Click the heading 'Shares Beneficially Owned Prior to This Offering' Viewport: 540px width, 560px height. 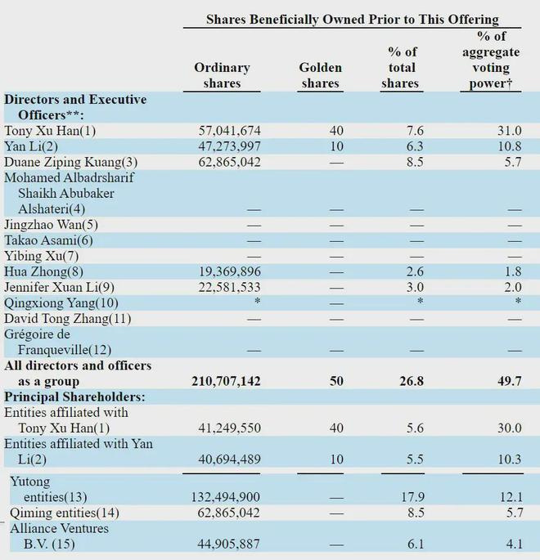(352, 19)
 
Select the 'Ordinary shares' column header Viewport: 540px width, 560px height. (222, 75)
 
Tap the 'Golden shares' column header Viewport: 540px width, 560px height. (320, 75)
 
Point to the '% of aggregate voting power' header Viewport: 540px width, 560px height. (491, 60)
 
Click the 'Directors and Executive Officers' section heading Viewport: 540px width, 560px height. (75, 106)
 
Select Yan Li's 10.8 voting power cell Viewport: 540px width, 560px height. (509, 146)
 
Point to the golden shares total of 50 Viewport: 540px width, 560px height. (336, 381)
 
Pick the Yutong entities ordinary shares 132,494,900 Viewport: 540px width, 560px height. (230, 497)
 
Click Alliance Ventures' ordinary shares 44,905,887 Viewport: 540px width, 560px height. (233, 544)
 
